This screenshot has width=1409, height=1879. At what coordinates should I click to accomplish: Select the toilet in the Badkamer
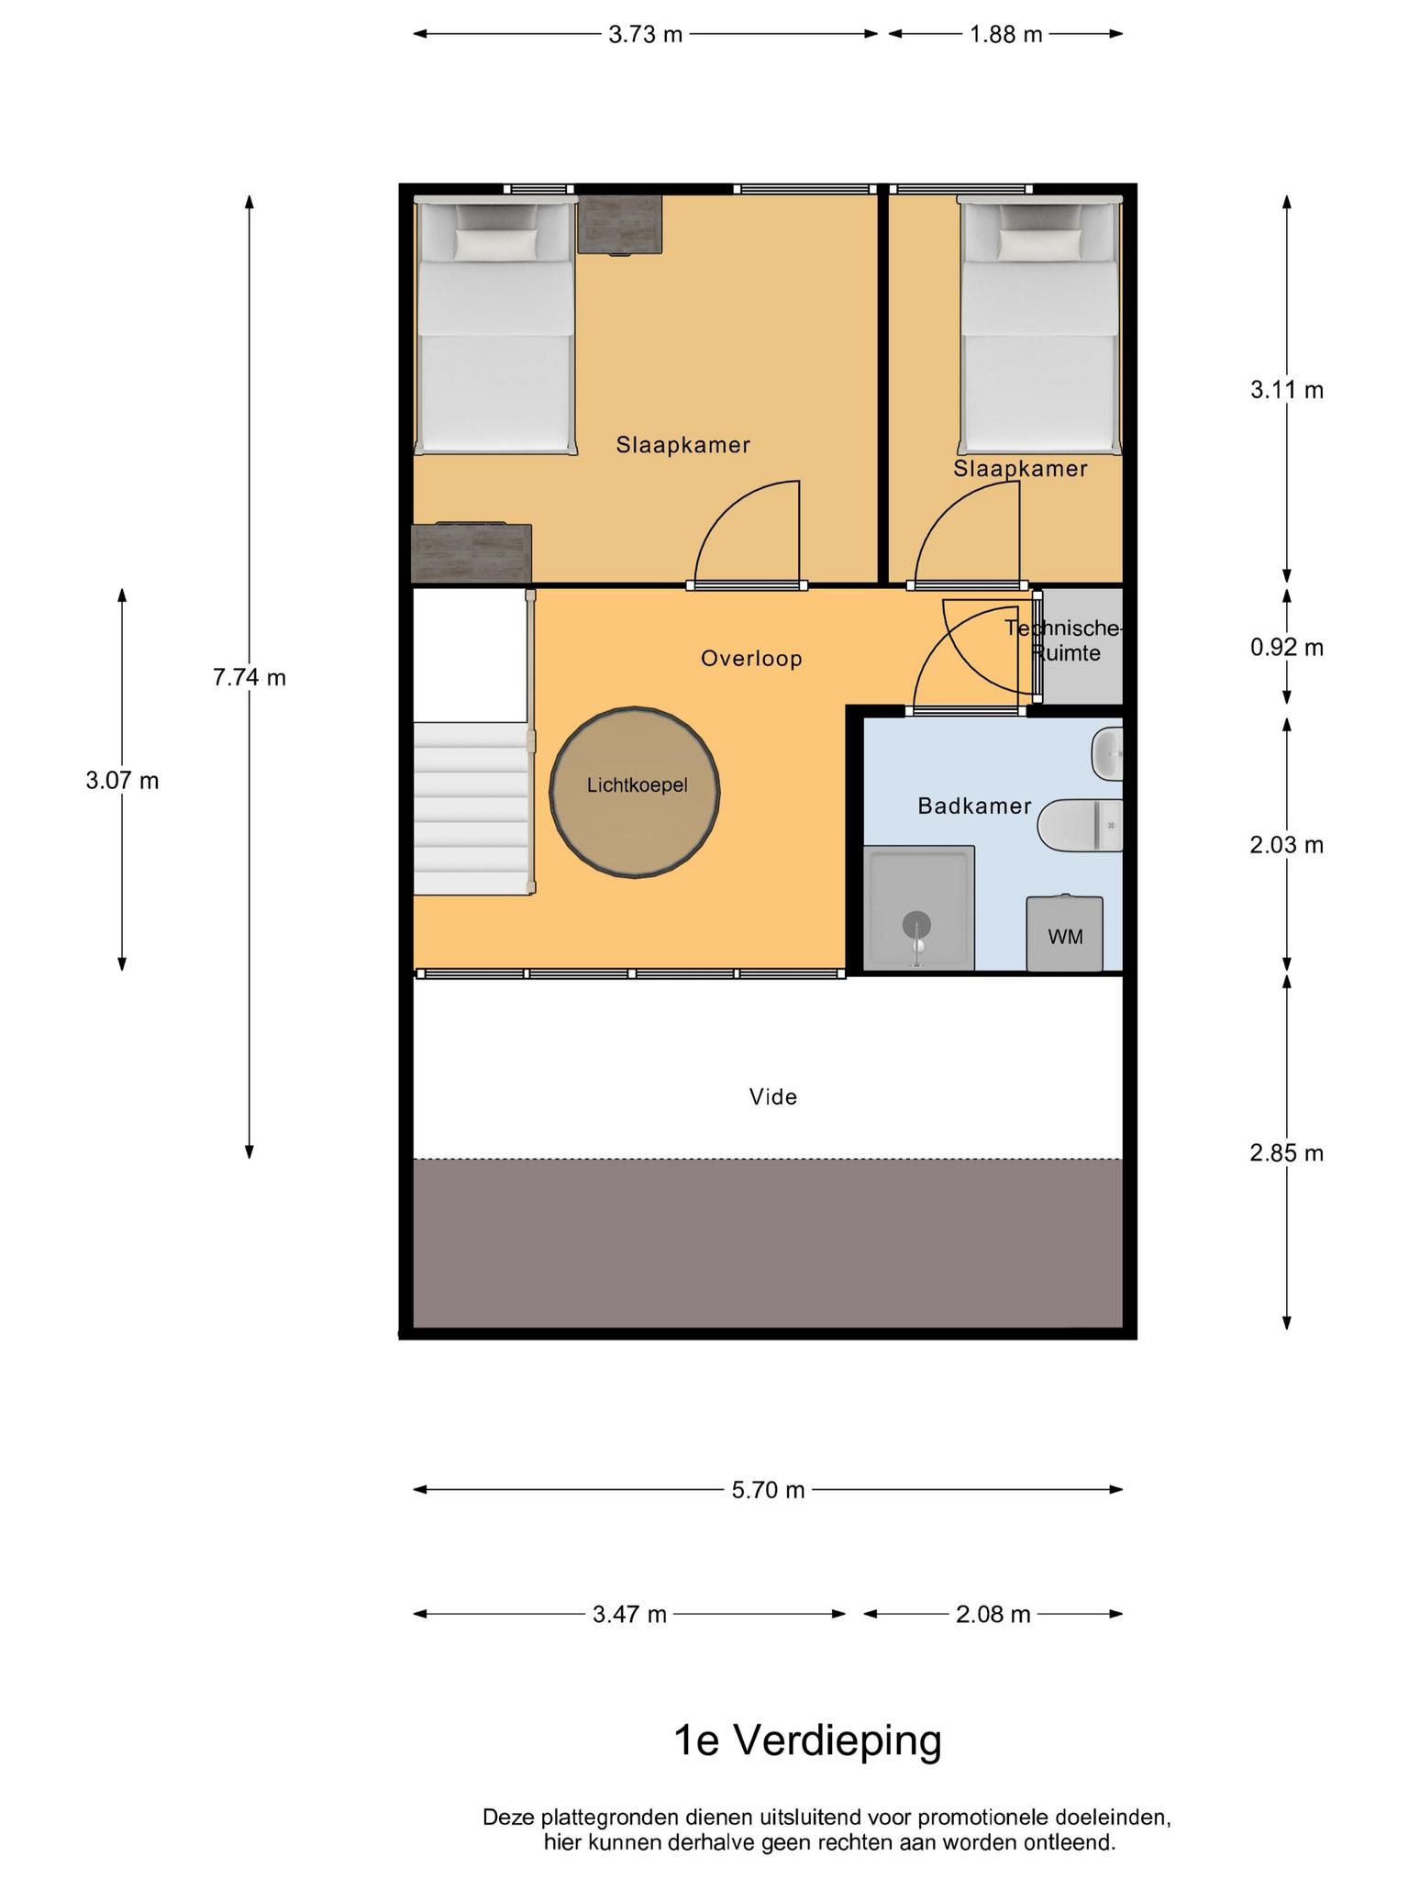tap(1081, 825)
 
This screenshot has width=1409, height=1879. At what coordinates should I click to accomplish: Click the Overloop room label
tap(751, 659)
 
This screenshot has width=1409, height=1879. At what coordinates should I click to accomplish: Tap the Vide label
tap(773, 1096)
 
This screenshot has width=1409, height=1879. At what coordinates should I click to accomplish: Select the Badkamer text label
tap(974, 806)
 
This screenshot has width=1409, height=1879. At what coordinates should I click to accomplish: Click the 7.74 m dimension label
tap(250, 677)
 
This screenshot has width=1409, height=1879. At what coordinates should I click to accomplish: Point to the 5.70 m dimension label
tap(768, 1490)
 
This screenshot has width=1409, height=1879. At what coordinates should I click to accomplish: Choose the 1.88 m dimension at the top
tap(1006, 35)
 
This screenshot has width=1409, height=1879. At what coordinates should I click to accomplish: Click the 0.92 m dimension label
tap(1287, 648)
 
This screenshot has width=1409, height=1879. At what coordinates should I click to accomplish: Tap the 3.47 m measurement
tap(629, 1614)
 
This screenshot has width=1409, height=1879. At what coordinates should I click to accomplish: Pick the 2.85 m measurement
tap(1287, 1153)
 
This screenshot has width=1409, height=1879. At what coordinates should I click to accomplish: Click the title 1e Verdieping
tap(808, 1740)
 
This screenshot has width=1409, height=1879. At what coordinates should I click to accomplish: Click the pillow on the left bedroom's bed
tap(496, 243)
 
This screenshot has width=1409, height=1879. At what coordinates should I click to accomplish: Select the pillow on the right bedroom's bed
tap(1039, 243)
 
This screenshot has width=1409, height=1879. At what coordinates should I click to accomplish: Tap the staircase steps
tap(472, 807)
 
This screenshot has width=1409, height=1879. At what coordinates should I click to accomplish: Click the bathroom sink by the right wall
tap(1107, 754)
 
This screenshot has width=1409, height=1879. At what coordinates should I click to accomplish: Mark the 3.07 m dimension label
tap(122, 781)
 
